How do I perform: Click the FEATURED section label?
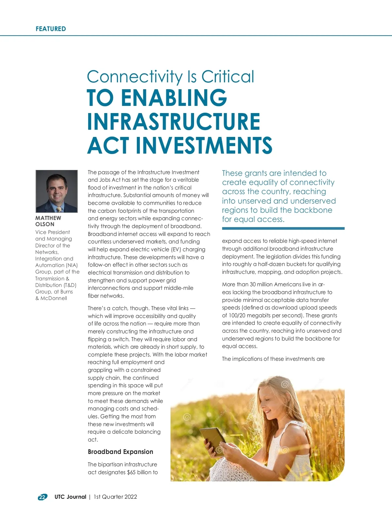[51, 29]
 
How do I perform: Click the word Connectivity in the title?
[135, 77]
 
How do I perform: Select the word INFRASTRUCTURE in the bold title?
[173, 121]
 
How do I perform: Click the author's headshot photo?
[57, 191]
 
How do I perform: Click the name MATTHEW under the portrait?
[48, 218]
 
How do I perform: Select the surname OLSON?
[45, 225]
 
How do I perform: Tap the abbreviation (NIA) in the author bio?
[72, 265]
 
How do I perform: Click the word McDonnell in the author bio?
[54, 298]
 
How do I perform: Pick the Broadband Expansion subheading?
[120, 452]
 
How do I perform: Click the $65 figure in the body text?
[131, 472]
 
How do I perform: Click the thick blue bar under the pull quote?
[283, 228]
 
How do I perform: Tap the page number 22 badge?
[42, 497]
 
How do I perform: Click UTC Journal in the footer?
[70, 497]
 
